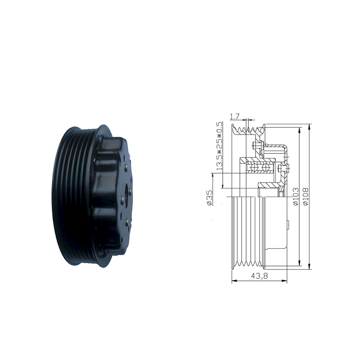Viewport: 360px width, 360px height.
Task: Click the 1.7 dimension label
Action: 234,117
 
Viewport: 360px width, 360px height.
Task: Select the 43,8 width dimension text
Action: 260,276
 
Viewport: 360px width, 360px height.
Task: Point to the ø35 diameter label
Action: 209,197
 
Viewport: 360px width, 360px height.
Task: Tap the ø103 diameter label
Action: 296,197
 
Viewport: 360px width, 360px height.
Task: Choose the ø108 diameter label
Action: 306,197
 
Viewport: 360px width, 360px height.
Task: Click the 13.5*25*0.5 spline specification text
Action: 220,146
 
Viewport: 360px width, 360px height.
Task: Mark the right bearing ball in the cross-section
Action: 265,167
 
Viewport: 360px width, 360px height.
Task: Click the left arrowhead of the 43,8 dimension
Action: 234,281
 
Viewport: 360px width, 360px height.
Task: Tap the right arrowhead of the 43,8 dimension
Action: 285,281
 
